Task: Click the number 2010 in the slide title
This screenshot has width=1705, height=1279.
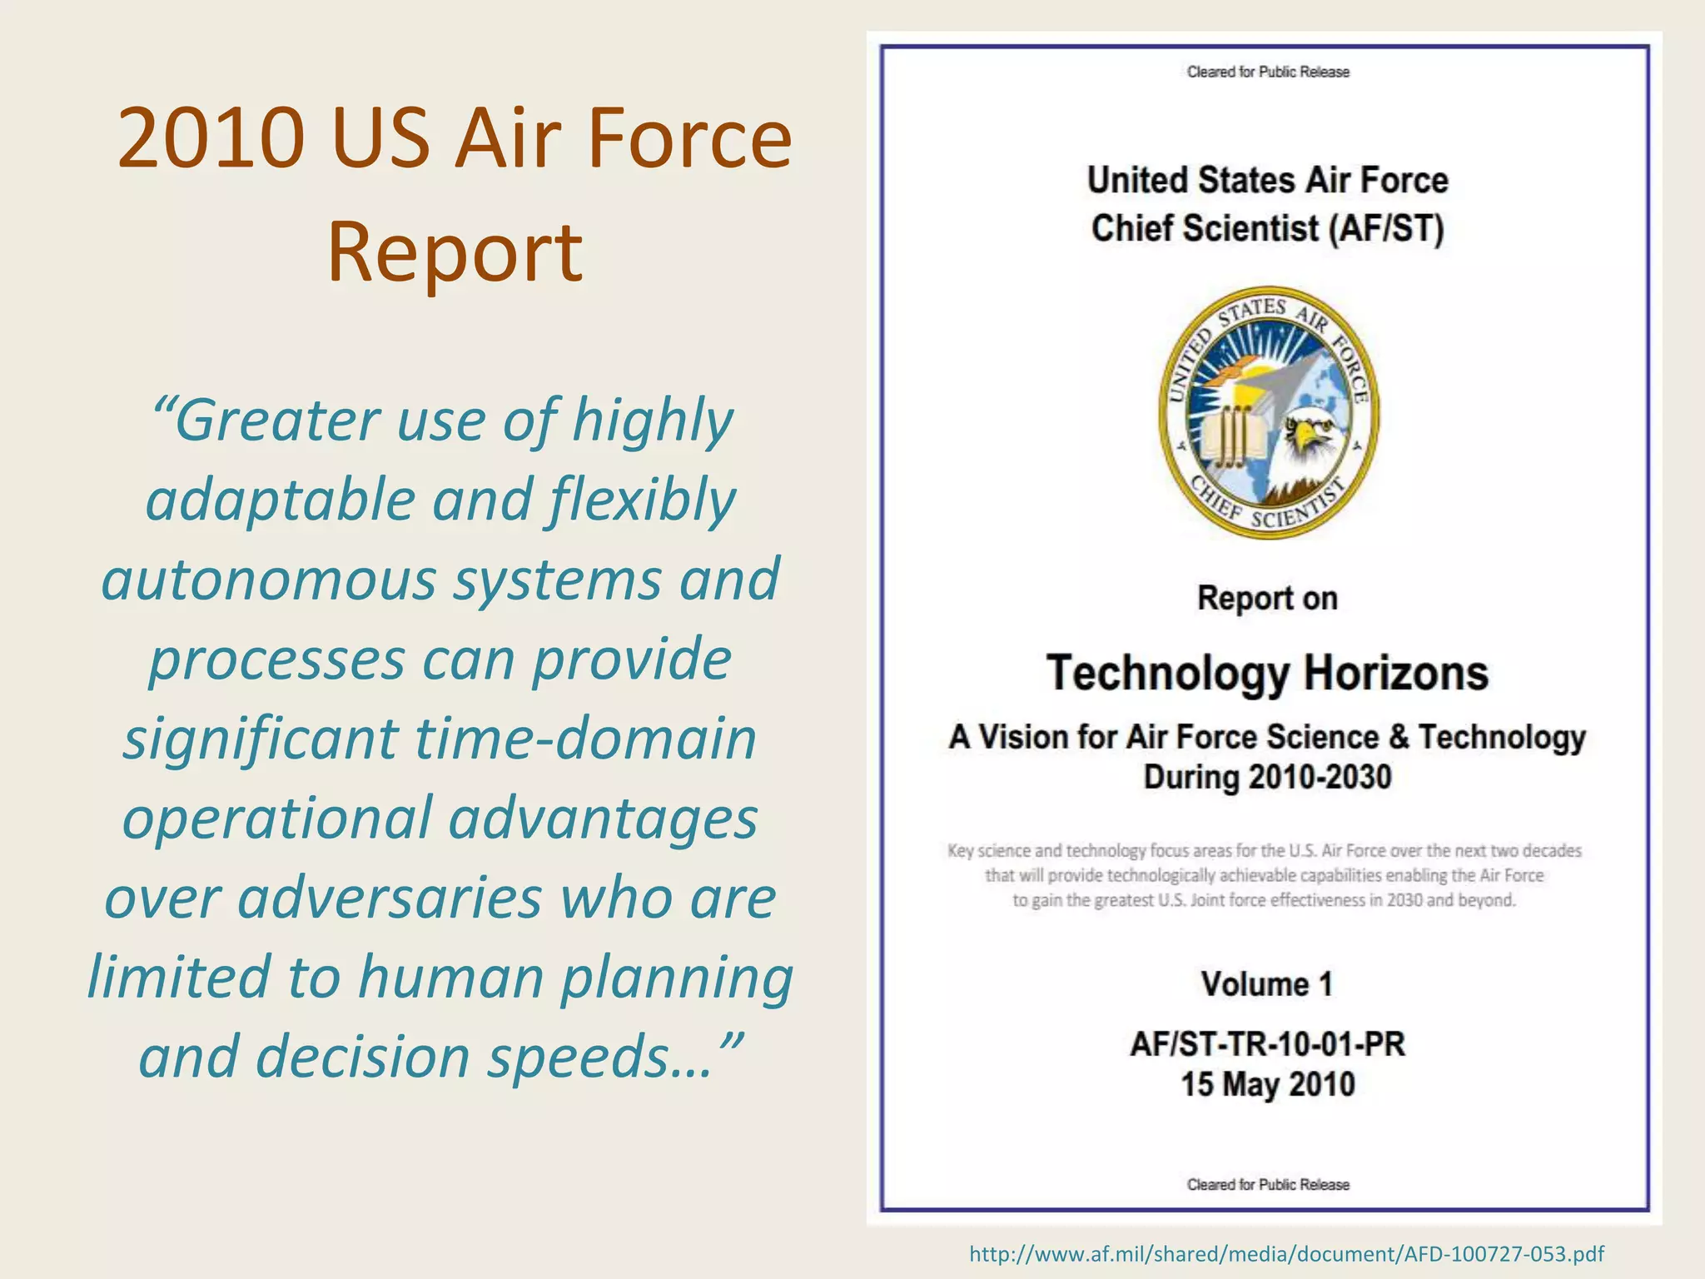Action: (x=211, y=138)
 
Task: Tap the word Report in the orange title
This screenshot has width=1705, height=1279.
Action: (x=455, y=251)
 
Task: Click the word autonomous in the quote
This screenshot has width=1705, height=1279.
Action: (x=268, y=580)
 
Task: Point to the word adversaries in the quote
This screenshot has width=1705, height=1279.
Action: (x=390, y=899)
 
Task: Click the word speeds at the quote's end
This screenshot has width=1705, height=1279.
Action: (x=599, y=1058)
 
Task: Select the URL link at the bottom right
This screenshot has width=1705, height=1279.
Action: (x=1286, y=1254)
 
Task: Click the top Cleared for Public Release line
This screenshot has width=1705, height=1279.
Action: (x=1268, y=72)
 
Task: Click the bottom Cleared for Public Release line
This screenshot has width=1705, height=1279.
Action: (x=1268, y=1184)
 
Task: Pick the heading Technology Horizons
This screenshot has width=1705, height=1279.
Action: (x=1267, y=673)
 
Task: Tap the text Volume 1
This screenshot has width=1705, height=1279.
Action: (x=1267, y=984)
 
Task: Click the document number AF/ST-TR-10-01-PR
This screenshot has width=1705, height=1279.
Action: (x=1267, y=1044)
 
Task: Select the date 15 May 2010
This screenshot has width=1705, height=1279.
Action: (x=1267, y=1084)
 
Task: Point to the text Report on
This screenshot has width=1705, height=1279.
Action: (x=1267, y=599)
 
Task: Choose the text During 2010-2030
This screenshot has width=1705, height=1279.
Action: (x=1267, y=778)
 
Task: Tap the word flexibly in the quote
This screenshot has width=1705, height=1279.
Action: (x=642, y=501)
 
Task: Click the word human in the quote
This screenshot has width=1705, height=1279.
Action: (x=450, y=978)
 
